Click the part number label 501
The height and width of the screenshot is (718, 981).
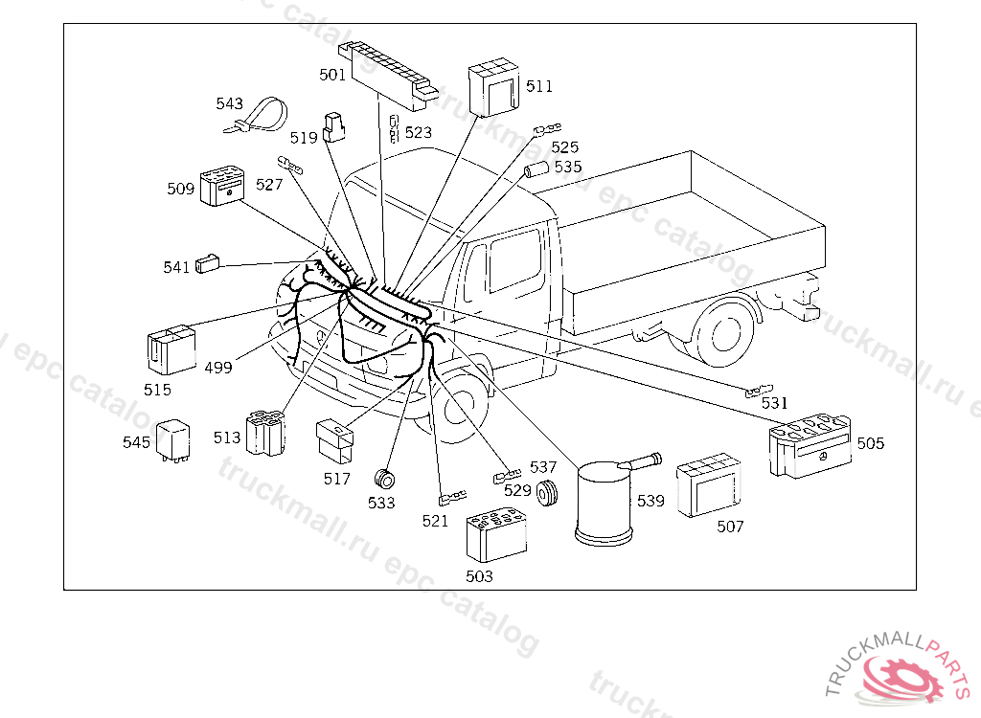pyautogui.click(x=332, y=74)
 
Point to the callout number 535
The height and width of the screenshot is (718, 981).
pyautogui.click(x=568, y=167)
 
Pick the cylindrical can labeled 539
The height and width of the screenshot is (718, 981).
pyautogui.click(x=605, y=503)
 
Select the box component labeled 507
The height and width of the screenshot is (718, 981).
pyautogui.click(x=708, y=485)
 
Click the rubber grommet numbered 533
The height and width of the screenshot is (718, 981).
pyautogui.click(x=385, y=479)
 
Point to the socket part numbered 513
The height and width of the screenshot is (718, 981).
pyautogui.click(x=264, y=432)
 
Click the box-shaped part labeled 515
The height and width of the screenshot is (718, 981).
pyautogui.click(x=171, y=350)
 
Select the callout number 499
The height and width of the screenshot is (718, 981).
pyautogui.click(x=217, y=368)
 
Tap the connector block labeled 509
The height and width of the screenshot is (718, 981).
pyautogui.click(x=222, y=187)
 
